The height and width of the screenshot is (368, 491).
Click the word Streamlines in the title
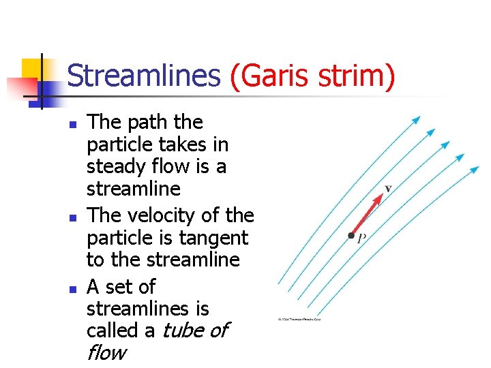144,76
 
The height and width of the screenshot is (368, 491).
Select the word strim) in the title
359,76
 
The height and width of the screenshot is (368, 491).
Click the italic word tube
183,331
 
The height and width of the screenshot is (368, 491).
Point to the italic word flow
106,353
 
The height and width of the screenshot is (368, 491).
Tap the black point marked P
351,236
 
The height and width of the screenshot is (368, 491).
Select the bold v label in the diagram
388,187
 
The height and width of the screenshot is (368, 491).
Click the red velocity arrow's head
378,198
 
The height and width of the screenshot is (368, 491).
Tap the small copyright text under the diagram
299,319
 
